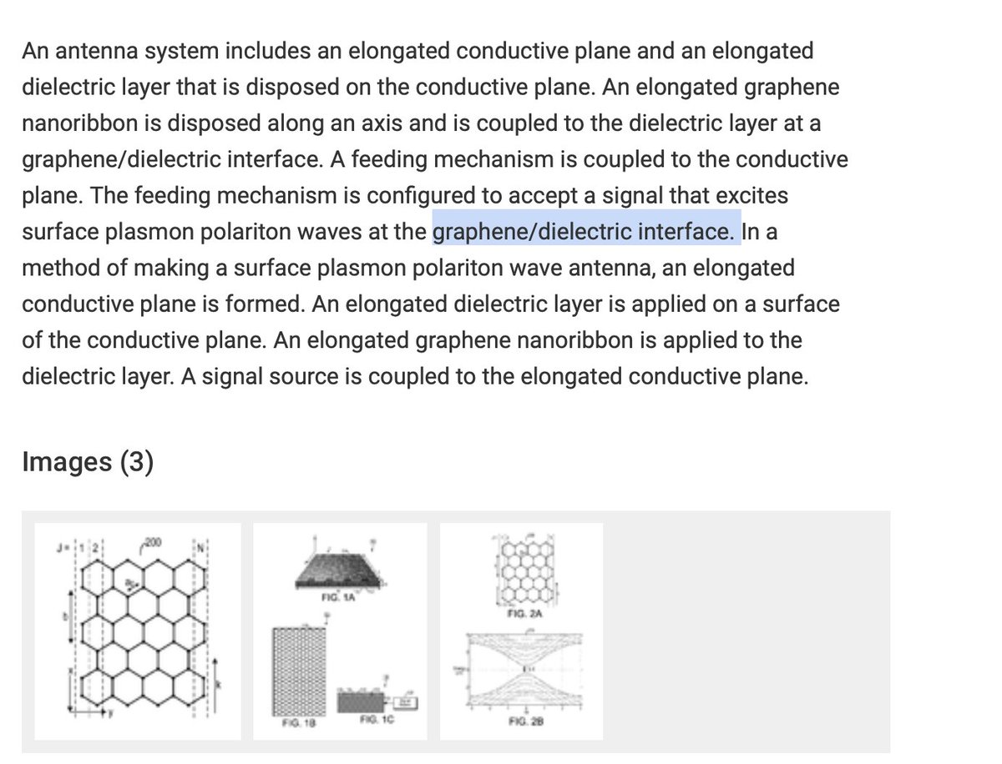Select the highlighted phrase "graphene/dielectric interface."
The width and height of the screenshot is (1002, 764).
[586, 231]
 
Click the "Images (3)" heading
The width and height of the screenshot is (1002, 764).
[88, 461]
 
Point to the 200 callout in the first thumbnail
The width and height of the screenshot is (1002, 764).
[153, 543]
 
